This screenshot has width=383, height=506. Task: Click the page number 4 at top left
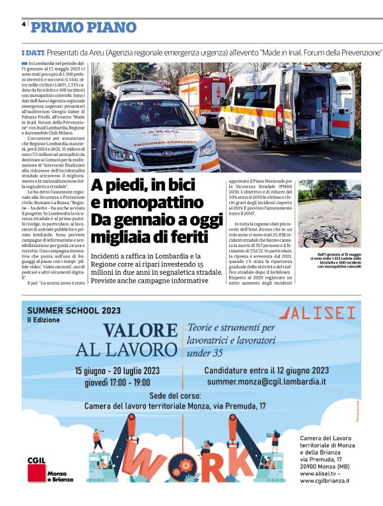[23, 24]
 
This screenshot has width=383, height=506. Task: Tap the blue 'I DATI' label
[32, 52]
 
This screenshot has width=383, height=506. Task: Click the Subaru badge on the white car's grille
[158, 153]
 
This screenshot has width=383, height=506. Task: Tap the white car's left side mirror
[100, 123]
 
